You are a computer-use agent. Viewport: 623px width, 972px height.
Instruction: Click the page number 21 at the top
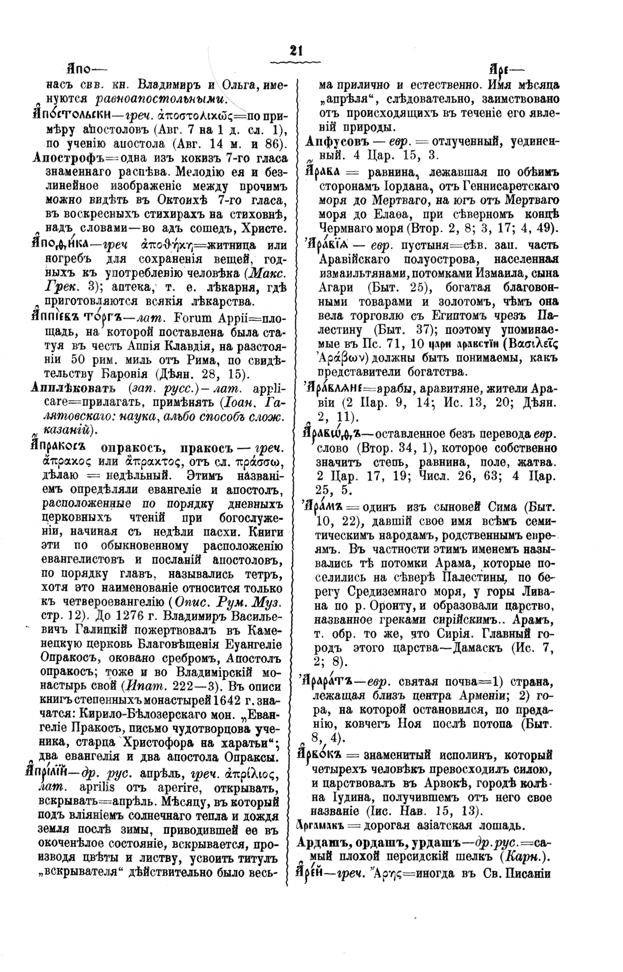click(296, 50)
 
